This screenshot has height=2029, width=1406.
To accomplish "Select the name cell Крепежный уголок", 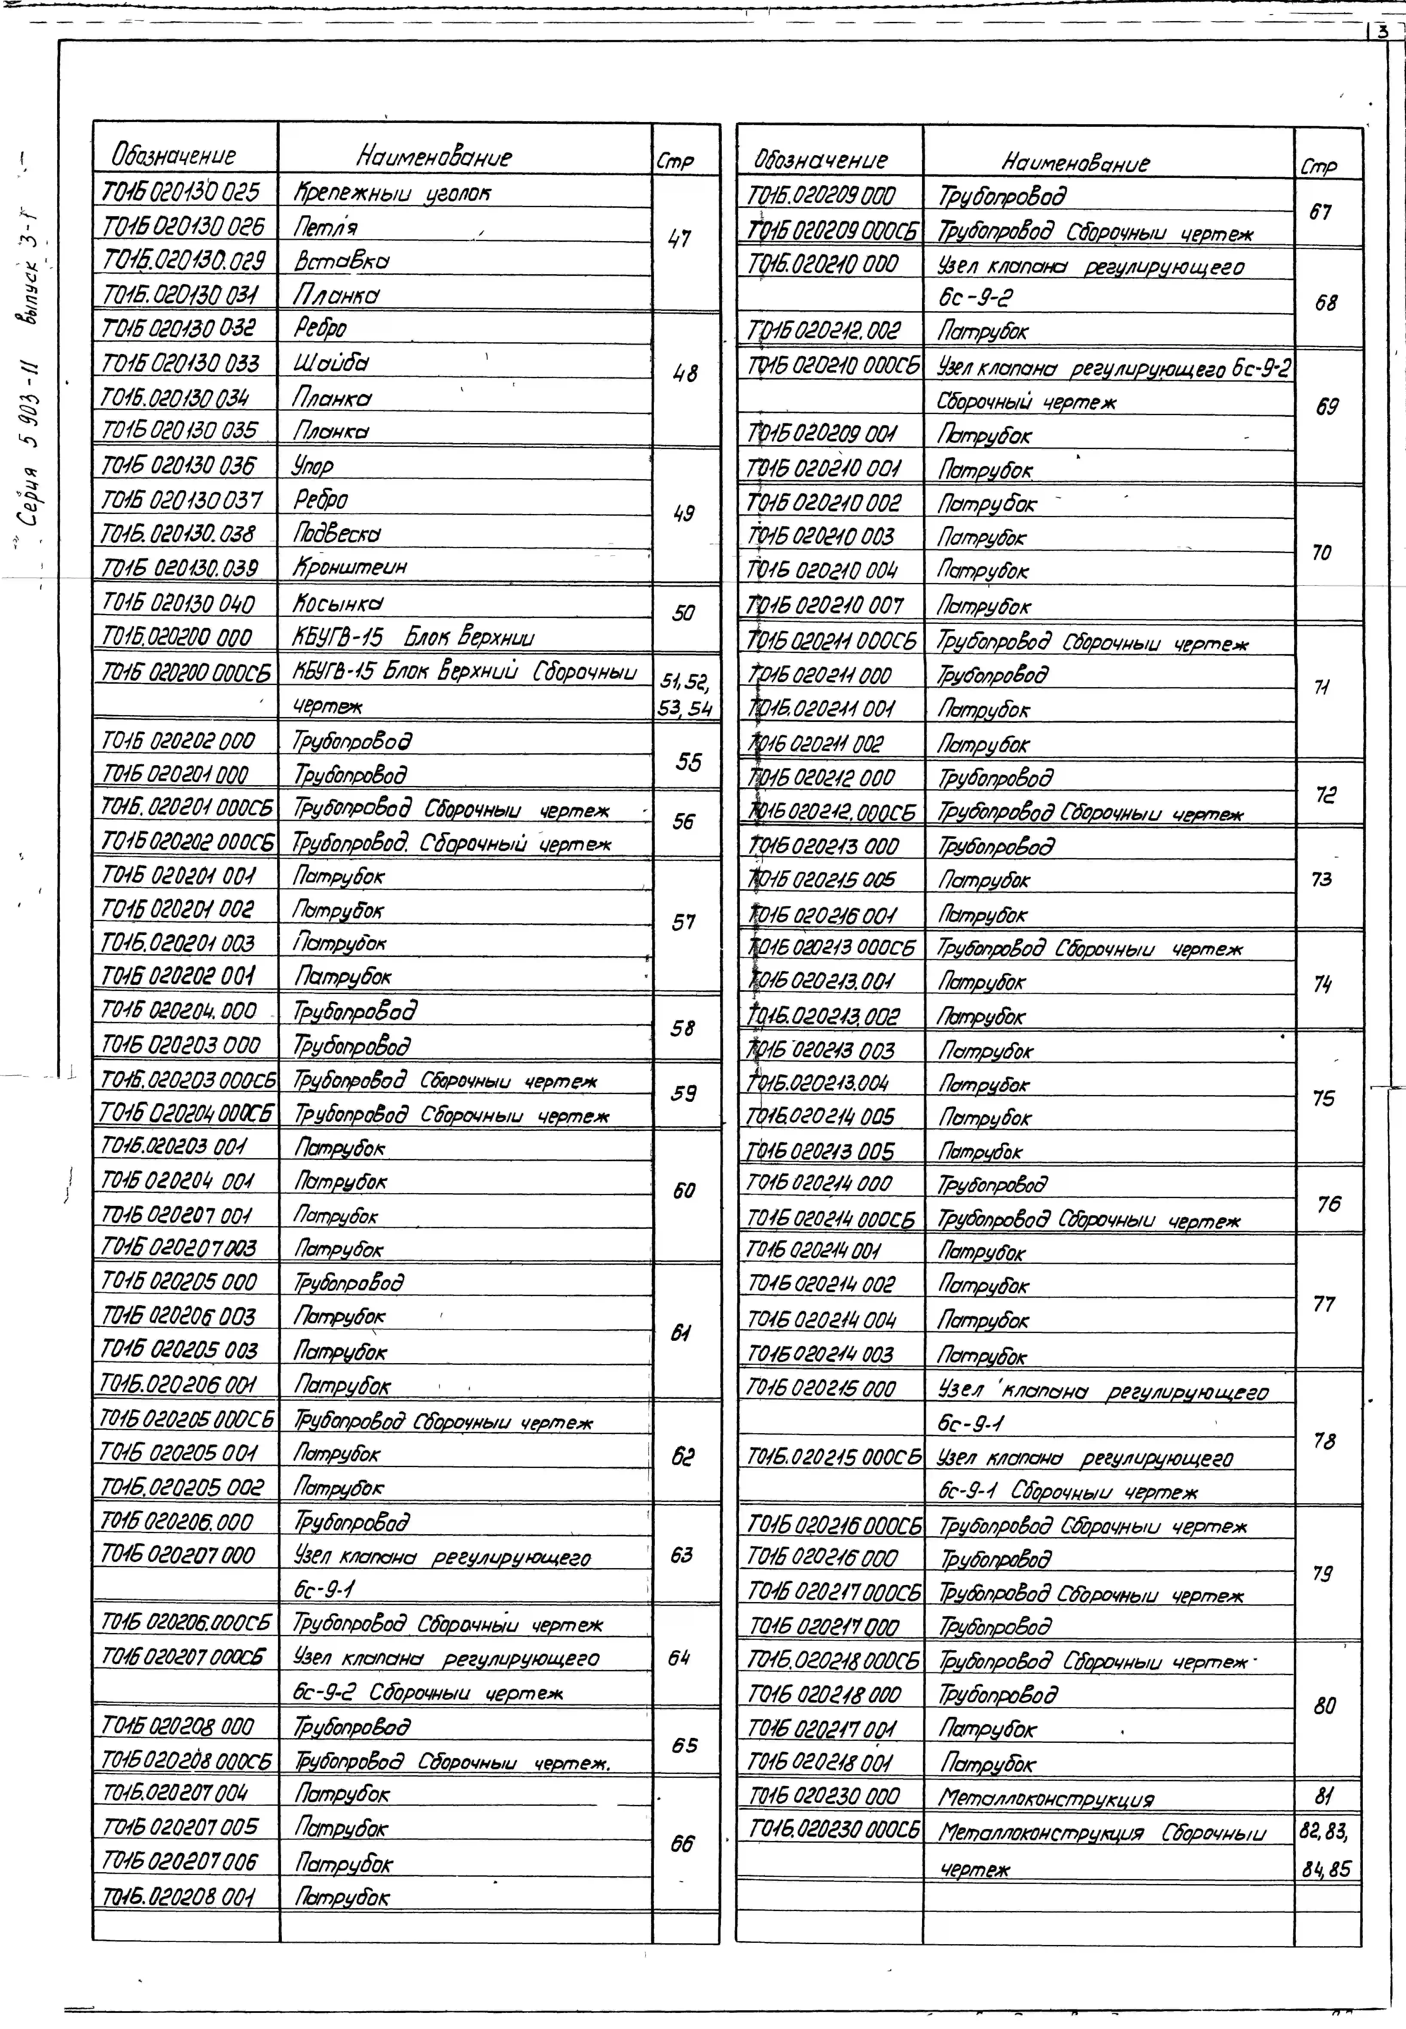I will tap(392, 192).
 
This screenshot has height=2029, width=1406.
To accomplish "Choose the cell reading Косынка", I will tap(338, 604).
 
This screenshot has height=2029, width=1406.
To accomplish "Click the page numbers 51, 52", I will tap(684, 681).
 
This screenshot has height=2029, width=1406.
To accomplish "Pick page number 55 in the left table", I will tap(688, 761).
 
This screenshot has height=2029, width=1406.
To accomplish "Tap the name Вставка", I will tap(342, 261).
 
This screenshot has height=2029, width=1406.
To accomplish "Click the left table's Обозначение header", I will tap(174, 156).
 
